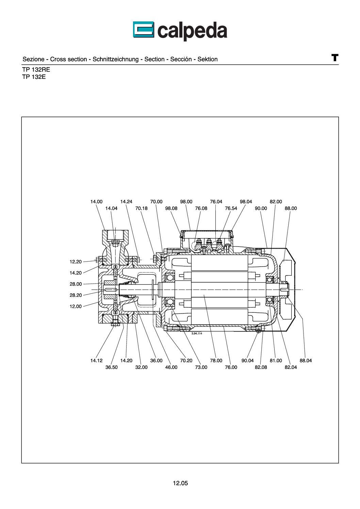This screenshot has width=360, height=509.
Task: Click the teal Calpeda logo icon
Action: (144, 30)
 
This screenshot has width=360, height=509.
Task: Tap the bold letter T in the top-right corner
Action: (334, 57)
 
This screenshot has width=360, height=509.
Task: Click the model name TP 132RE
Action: (36, 70)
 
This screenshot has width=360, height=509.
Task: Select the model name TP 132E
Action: (34, 77)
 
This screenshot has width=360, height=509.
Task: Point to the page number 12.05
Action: (180, 483)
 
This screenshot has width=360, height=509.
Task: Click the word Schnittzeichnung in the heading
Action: (116, 59)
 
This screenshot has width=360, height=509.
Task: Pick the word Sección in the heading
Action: (181, 59)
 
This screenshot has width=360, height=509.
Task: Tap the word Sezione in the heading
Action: (33, 59)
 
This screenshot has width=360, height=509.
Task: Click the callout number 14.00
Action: (96, 202)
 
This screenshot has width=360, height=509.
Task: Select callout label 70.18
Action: (141, 208)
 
